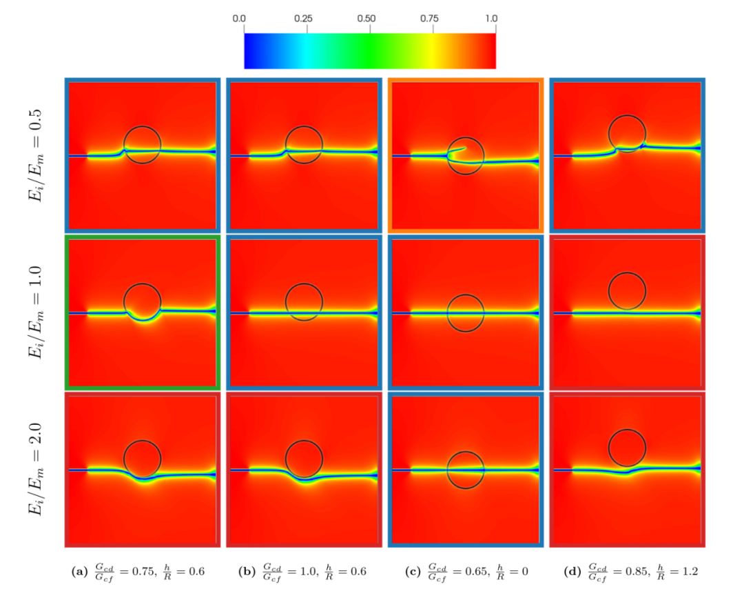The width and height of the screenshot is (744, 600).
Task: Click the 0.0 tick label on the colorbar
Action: tap(240, 19)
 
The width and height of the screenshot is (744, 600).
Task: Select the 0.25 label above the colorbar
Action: tap(306, 19)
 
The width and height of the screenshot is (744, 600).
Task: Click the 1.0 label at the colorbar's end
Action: tap(491, 19)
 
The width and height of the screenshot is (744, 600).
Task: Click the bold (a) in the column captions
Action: tap(81, 572)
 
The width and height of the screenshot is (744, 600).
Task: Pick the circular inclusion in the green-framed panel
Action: tap(143, 302)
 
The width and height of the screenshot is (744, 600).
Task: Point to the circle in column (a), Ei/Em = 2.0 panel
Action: tap(143, 459)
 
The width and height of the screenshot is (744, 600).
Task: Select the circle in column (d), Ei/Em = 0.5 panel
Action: tap(627, 133)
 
